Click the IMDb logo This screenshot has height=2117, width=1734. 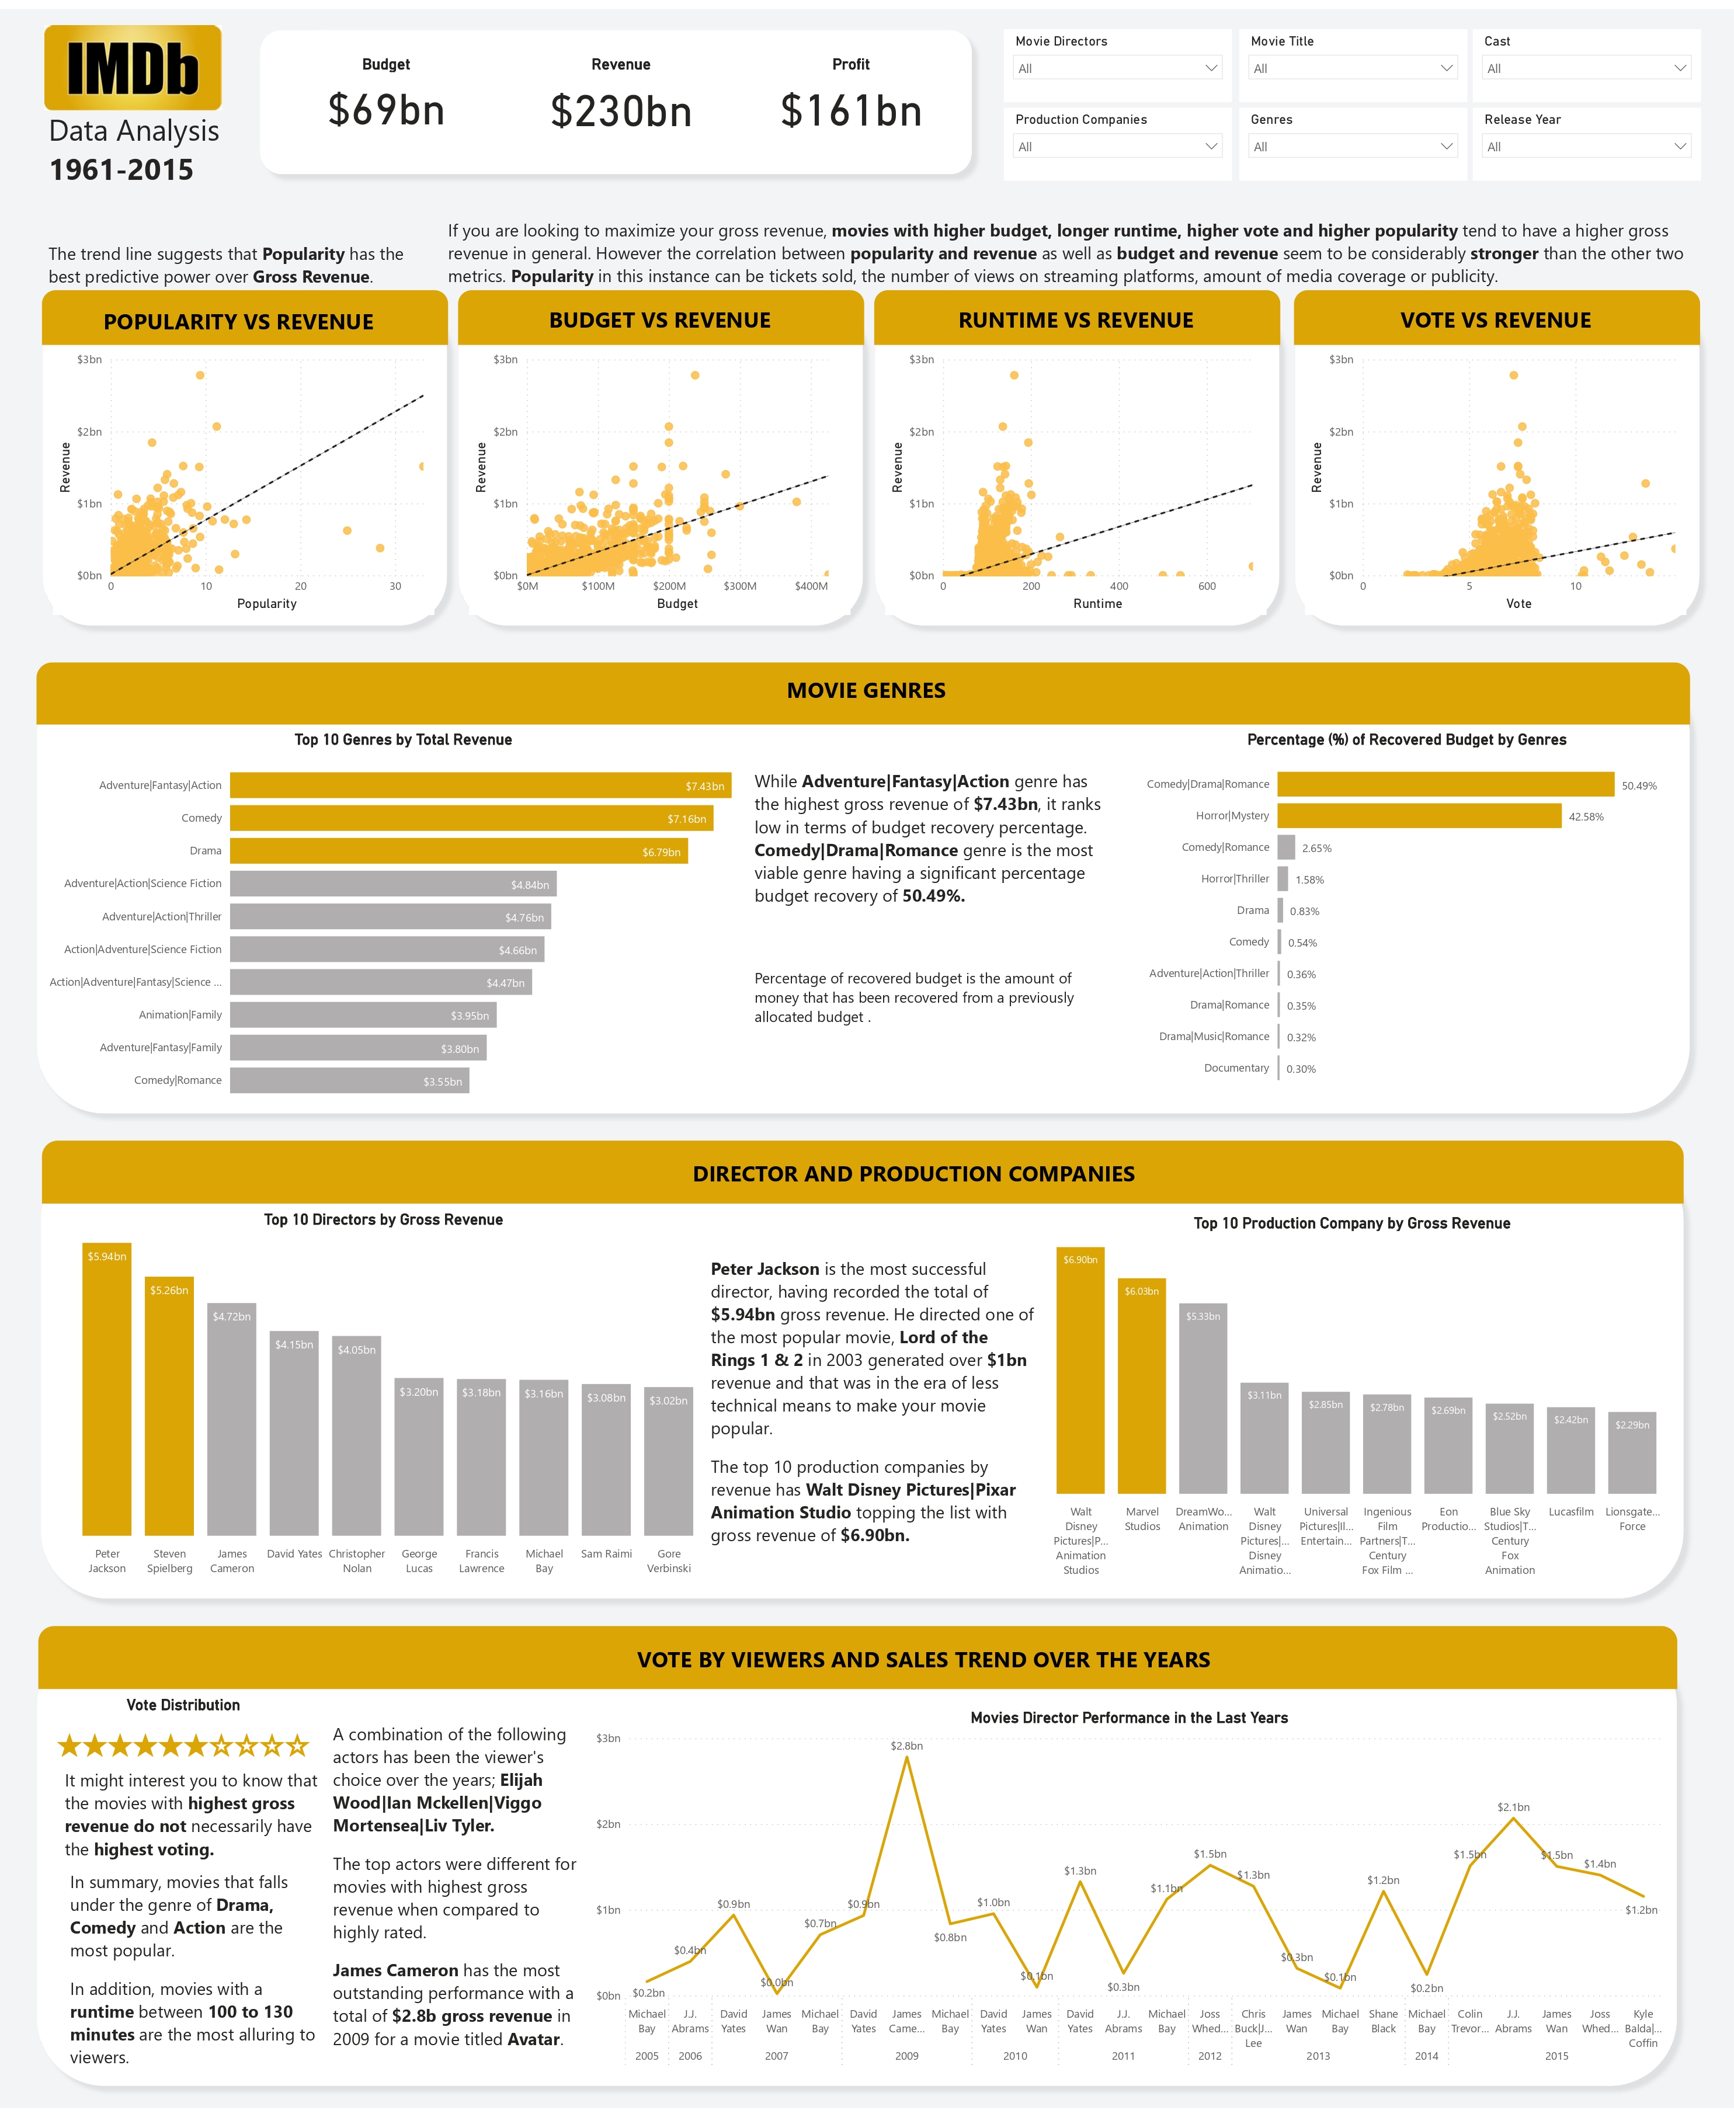click(x=133, y=68)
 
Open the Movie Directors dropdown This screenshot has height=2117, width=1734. click(x=1117, y=68)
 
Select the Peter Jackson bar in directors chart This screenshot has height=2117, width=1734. click(x=107, y=1388)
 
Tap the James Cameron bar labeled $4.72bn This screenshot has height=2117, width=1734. click(x=232, y=1418)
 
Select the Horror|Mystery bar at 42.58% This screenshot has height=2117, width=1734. click(x=1419, y=816)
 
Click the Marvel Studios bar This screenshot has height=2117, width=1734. click(x=1142, y=1386)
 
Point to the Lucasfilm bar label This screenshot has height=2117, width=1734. click(x=1570, y=1512)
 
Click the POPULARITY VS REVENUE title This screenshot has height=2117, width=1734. click(x=239, y=322)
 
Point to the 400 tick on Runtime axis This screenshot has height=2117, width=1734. click(x=1118, y=586)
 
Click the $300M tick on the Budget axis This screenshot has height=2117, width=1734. click(x=740, y=586)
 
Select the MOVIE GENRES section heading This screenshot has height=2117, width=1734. click(x=866, y=690)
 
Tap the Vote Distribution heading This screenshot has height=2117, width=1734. click(x=183, y=1705)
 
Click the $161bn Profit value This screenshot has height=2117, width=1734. click(x=851, y=111)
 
